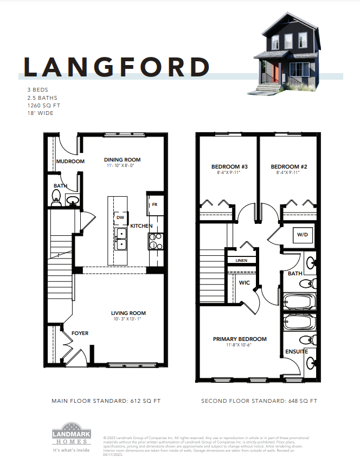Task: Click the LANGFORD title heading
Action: tap(117, 67)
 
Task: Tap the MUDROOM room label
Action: tap(70, 162)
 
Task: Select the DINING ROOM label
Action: tap(122, 160)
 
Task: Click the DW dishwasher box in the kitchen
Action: tap(120, 218)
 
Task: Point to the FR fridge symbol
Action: tap(155, 205)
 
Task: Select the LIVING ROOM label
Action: tap(128, 313)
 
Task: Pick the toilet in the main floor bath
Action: tap(56, 202)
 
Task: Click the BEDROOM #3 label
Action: tap(229, 167)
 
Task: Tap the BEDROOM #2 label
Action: tap(289, 167)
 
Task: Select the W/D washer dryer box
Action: tap(301, 235)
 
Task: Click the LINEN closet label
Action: tap(241, 261)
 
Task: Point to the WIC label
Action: tap(245, 282)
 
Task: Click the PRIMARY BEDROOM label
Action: tap(240, 339)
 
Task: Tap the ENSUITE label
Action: tap(297, 352)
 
